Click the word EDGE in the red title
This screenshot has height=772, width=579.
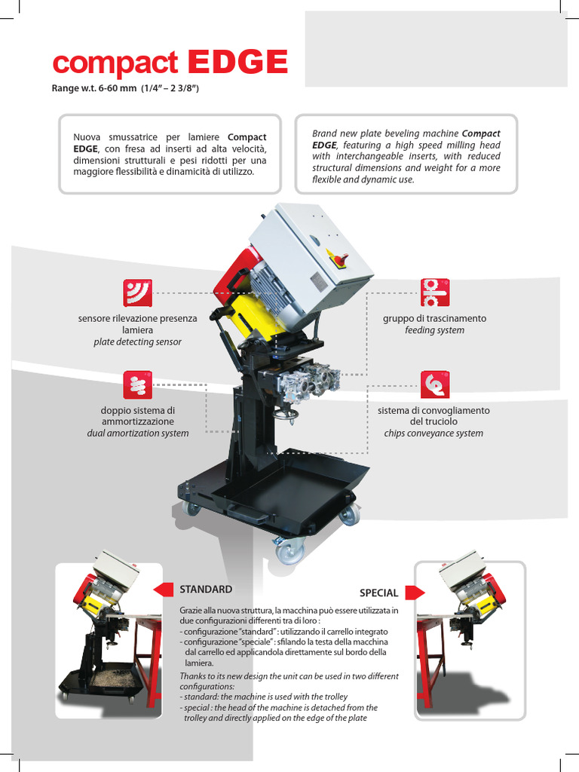click(x=237, y=62)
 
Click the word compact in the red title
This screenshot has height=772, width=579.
click(x=115, y=64)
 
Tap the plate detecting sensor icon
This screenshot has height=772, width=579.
click(x=137, y=293)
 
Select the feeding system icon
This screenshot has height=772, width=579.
click(x=435, y=293)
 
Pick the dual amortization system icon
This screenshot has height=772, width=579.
click(x=137, y=385)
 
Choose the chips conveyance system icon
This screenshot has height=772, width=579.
click(x=435, y=384)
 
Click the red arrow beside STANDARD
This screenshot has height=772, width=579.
click(x=164, y=590)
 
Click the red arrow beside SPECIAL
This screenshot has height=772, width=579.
click(x=415, y=593)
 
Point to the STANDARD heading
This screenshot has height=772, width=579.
click(x=206, y=590)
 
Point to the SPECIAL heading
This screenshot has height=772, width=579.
click(x=378, y=593)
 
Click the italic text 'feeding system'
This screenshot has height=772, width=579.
click(x=435, y=330)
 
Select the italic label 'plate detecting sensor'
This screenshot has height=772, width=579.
click(x=137, y=342)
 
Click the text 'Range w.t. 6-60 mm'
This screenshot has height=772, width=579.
click(x=94, y=89)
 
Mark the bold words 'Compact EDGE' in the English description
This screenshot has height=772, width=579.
click(x=406, y=139)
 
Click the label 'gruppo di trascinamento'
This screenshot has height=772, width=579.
click(x=435, y=319)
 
